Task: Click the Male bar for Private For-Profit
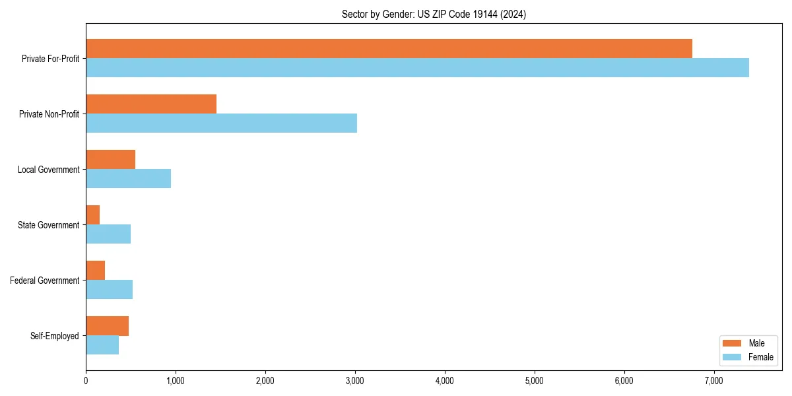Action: tap(389, 49)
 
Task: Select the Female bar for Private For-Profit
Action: tap(417, 67)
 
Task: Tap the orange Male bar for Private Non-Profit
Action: tap(151, 104)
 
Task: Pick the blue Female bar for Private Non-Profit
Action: tap(221, 123)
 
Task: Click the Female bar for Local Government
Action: tap(128, 178)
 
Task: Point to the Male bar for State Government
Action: tap(93, 215)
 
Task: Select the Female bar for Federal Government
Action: tap(109, 289)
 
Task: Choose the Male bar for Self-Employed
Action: tap(107, 326)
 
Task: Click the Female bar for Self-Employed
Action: tap(102, 345)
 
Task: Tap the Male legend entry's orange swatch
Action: tap(733, 343)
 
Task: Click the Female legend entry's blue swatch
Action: tap(733, 357)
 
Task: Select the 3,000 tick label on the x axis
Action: tap(355, 380)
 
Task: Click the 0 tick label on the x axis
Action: tap(86, 380)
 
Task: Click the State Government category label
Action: tap(48, 225)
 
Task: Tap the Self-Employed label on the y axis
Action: tap(54, 336)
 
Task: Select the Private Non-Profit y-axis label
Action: tap(49, 114)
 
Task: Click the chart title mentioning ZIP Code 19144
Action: tap(434, 14)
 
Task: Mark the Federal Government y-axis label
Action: tap(44, 280)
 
